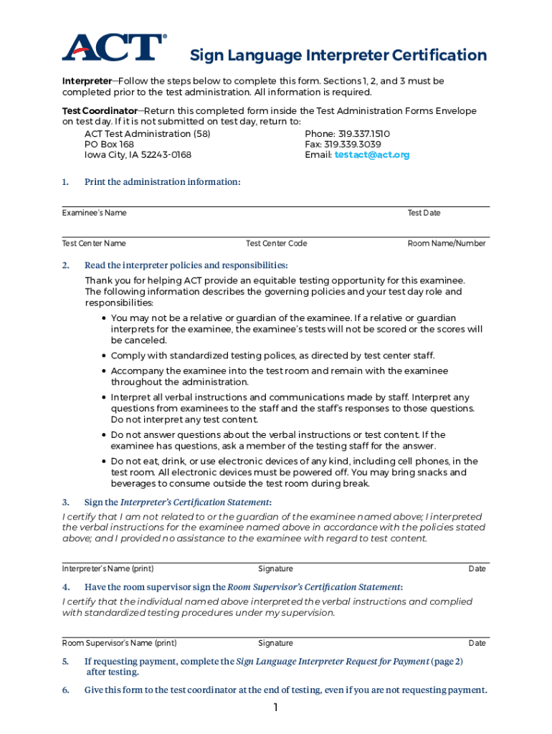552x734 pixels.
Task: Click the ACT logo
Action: coord(113,47)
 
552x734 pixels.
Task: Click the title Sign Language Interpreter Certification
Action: coord(338,56)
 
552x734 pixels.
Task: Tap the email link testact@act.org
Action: coord(372,155)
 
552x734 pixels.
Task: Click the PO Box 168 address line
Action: coord(109,144)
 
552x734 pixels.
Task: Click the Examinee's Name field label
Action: coord(94,213)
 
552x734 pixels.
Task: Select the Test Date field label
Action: coord(424,213)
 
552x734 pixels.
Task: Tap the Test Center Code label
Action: coord(276,244)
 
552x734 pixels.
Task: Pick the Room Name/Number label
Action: coord(447,244)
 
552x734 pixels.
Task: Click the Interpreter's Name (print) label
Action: coord(108,569)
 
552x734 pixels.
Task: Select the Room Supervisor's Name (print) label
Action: coord(119,644)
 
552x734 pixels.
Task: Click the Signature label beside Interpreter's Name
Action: coord(275,569)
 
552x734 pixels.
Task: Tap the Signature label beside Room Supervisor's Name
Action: coord(275,644)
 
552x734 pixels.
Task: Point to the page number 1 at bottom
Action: coord(275,708)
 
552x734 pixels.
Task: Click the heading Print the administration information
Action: coord(162,182)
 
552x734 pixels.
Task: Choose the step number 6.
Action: coord(65,690)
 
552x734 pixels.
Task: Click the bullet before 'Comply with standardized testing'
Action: coord(105,356)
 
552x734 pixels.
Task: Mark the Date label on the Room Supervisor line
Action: coord(477,644)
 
